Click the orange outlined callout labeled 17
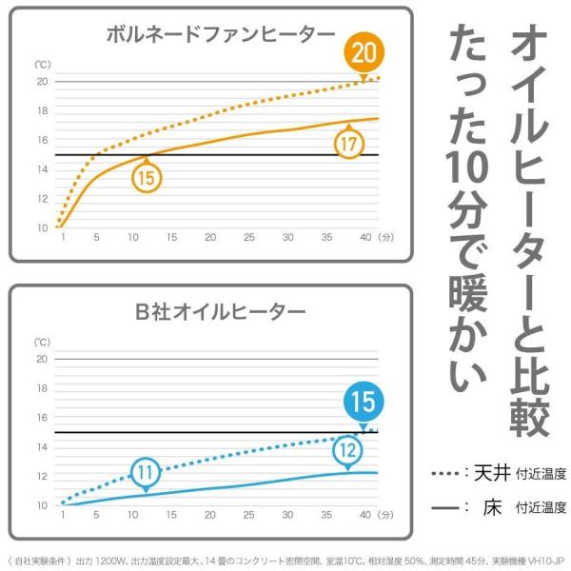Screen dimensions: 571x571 click(x=349, y=145)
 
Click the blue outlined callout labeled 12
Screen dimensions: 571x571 click(x=348, y=450)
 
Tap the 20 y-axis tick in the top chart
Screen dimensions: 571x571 click(x=42, y=82)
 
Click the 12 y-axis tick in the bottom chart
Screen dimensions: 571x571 click(x=42, y=476)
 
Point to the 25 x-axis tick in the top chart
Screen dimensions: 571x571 click(x=248, y=238)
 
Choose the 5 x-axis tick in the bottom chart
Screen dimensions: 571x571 click(x=96, y=515)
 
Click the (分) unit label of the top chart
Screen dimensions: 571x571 click(x=385, y=238)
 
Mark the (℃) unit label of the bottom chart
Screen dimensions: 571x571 click(x=43, y=341)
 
